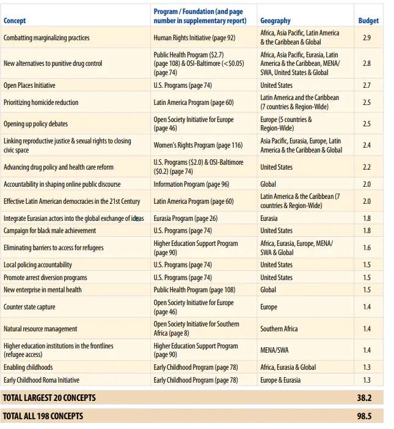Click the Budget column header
coord(368,20)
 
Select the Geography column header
coord(275,21)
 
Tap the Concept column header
coord(15,21)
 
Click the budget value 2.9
coord(367,38)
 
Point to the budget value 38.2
coord(365,397)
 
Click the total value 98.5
coord(365,416)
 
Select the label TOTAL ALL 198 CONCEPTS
coord(43,416)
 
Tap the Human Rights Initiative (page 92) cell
coord(194,38)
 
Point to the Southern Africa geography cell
coord(279,329)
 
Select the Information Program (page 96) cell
coord(191,184)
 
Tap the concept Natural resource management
coord(40,329)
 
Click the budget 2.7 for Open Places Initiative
coord(367,85)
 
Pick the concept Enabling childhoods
coord(28,367)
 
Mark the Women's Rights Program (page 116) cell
coord(198,145)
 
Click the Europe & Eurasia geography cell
coord(280,380)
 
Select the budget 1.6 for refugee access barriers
coord(367,248)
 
